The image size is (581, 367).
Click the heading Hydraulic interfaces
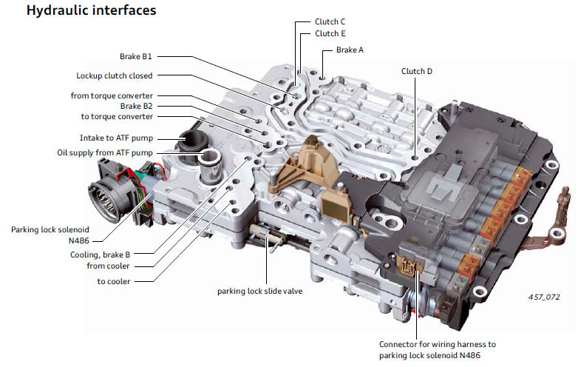[x=90, y=12]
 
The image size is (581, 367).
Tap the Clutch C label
[x=330, y=21]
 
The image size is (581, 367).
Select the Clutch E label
[x=330, y=33]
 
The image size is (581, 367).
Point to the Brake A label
[x=350, y=50]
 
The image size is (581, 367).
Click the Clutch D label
[x=417, y=71]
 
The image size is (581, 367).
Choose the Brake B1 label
[x=136, y=55]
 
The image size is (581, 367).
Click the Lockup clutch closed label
[x=115, y=75]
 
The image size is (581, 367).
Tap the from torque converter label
[x=112, y=95]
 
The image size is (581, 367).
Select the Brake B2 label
[x=136, y=106]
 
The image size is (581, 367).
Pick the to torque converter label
[x=116, y=116]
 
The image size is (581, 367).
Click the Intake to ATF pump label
[x=116, y=138]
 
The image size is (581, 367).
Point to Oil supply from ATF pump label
[x=105, y=152]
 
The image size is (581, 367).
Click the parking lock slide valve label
[x=259, y=291]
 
